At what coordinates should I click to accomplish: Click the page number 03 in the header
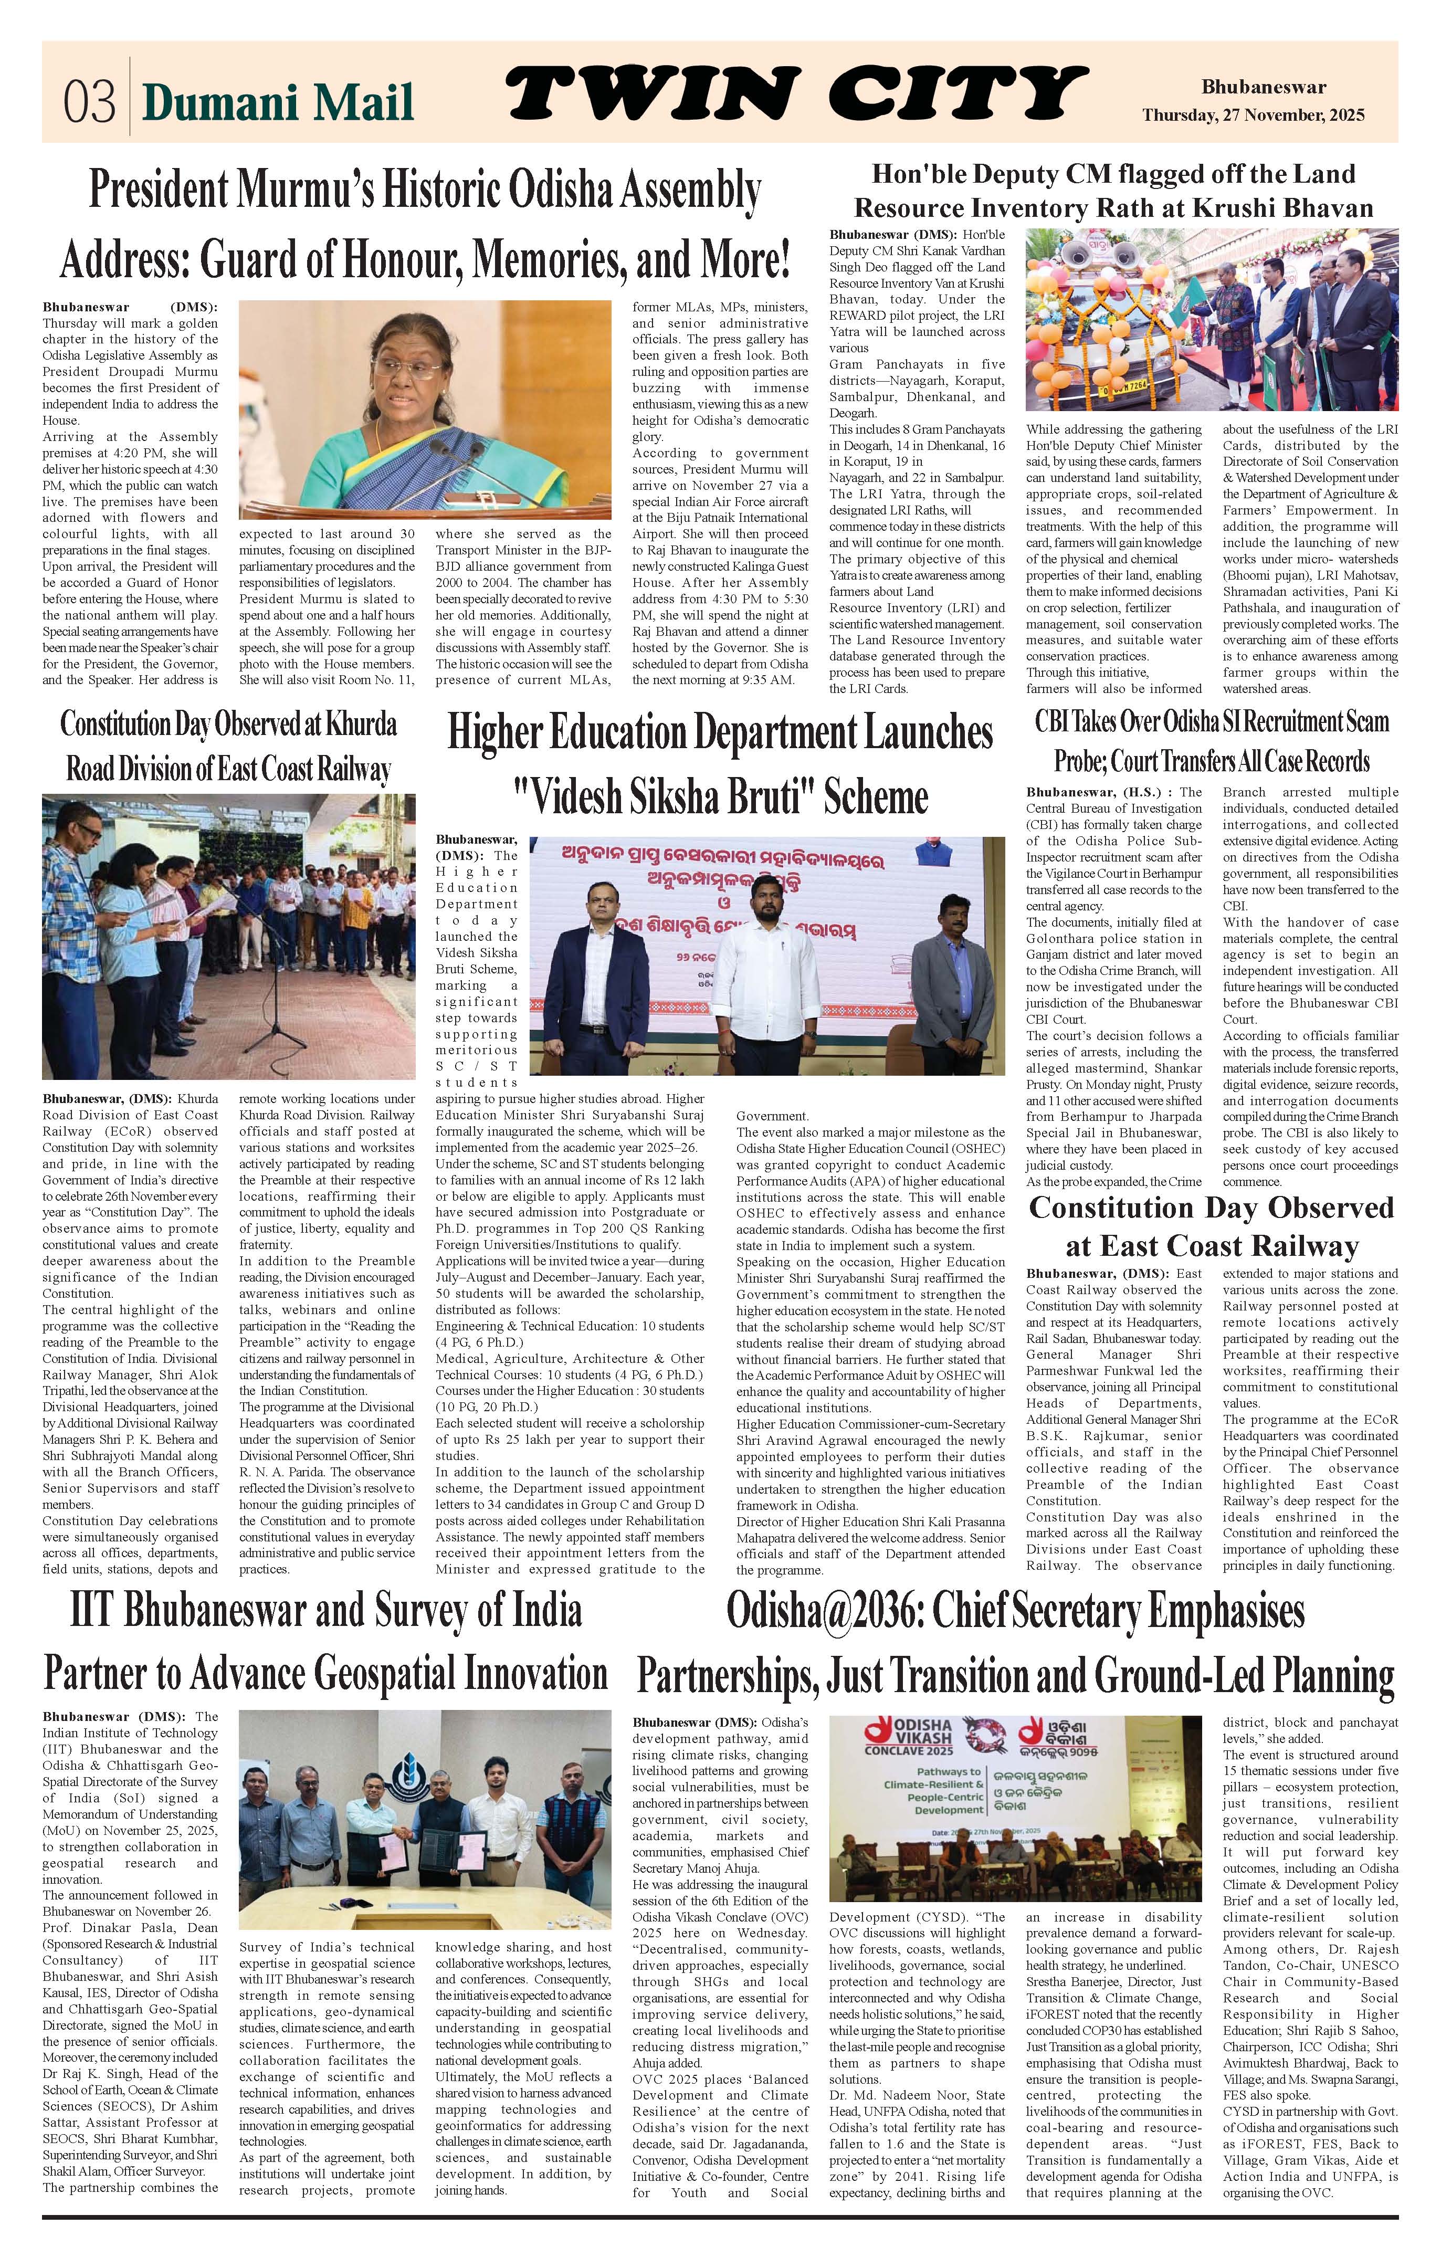pos(90,101)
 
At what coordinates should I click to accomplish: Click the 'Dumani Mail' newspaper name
pos(277,101)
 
